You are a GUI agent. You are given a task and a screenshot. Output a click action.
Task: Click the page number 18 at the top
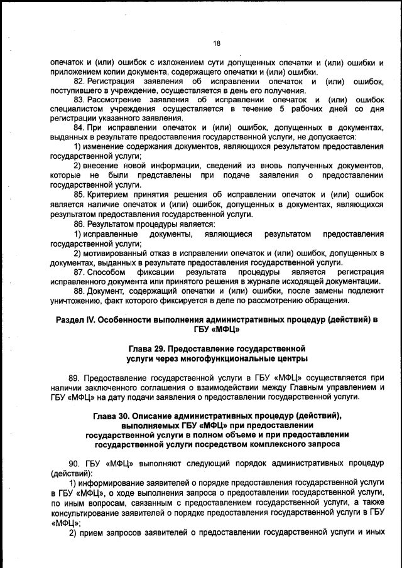217,43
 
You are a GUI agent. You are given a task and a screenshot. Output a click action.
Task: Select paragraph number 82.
79,82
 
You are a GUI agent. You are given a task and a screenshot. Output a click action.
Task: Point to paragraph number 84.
79,127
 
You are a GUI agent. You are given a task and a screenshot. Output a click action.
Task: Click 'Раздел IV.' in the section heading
74,319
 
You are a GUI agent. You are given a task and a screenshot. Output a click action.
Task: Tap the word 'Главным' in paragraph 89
306,387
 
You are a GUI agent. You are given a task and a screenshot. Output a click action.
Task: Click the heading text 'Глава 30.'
114,416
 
